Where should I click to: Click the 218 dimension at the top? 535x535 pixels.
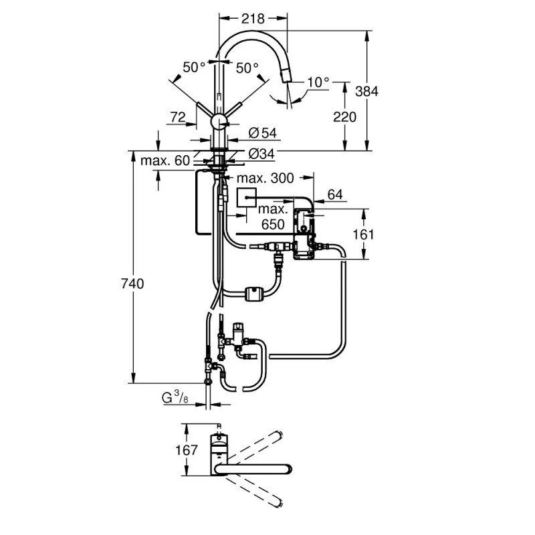(x=253, y=18)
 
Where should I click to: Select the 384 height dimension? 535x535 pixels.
(x=387, y=91)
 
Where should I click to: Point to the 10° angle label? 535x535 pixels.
(x=318, y=82)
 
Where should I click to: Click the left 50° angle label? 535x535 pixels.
(x=193, y=68)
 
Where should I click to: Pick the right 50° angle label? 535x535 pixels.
(x=247, y=68)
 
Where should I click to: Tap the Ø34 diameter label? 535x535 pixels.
(x=262, y=154)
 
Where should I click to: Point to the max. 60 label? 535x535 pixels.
(x=165, y=160)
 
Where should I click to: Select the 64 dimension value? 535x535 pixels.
(x=335, y=195)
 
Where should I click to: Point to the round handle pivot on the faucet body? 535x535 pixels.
(x=219, y=121)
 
